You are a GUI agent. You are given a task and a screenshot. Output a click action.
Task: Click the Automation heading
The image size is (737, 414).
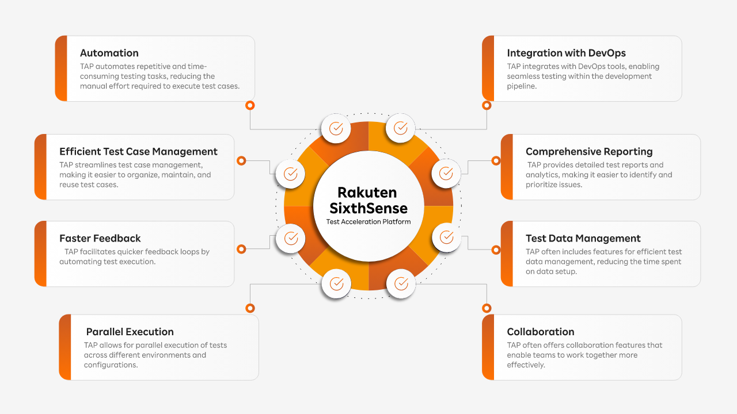click(109, 53)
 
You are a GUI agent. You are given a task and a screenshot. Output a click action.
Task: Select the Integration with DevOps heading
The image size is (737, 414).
click(566, 53)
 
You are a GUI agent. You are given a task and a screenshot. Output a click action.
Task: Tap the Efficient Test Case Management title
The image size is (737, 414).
click(138, 152)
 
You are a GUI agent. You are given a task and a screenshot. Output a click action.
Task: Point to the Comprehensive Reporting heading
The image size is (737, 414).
click(589, 152)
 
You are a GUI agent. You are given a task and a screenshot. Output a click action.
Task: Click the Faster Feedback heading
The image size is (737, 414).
click(100, 239)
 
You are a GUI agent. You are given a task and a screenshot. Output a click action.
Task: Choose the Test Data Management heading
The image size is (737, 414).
click(583, 239)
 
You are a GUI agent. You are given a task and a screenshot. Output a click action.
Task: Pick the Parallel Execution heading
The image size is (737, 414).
click(130, 332)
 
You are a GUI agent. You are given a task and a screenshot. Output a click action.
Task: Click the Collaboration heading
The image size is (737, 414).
click(541, 332)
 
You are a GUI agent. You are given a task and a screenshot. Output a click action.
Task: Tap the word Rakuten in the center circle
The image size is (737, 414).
click(367, 193)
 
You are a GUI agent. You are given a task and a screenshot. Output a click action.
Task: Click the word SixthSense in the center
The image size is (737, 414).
click(368, 208)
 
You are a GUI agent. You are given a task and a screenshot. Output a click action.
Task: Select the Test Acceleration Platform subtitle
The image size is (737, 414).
click(368, 222)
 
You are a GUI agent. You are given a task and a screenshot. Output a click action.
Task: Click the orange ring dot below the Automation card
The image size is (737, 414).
click(250, 105)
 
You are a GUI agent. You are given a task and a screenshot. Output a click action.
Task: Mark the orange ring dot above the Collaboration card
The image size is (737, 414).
click(487, 308)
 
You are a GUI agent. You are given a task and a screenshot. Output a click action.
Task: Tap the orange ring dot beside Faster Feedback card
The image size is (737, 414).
click(242, 249)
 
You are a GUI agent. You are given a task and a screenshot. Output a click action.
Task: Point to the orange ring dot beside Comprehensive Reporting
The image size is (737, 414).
click(496, 161)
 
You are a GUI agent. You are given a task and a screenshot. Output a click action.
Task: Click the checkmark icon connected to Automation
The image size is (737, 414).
click(336, 128)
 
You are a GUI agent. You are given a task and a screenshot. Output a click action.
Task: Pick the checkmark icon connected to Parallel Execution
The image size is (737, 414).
click(336, 283)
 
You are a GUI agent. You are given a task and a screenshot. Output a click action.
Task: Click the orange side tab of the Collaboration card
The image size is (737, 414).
click(488, 347)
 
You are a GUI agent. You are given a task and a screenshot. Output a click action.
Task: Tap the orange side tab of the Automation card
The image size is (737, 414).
click(61, 68)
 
